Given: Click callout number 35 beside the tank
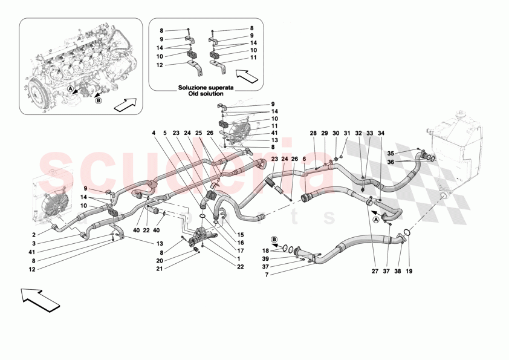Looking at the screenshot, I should click(x=391, y=153).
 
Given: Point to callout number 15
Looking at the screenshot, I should click(x=241, y=235).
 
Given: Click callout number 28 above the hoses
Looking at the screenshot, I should click(x=313, y=133).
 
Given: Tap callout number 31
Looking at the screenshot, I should click(x=346, y=133).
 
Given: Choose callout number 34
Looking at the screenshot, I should click(x=381, y=133).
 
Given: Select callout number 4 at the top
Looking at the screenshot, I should click(x=154, y=133).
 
